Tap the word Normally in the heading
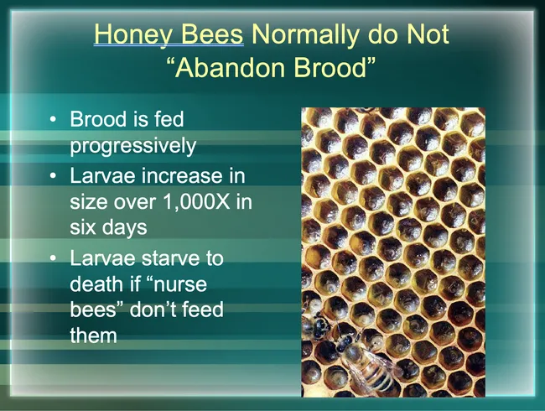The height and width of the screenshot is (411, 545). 319,35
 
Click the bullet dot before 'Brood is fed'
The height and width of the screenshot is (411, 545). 54,122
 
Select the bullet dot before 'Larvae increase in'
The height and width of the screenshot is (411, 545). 54,177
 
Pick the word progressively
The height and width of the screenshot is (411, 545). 132,146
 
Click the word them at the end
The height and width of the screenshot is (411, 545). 93,336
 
